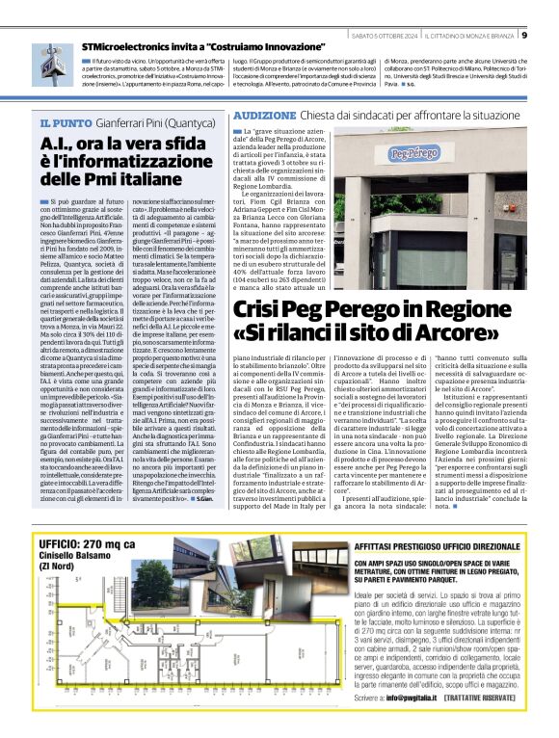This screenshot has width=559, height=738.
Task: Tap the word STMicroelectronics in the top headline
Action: coord(120,46)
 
